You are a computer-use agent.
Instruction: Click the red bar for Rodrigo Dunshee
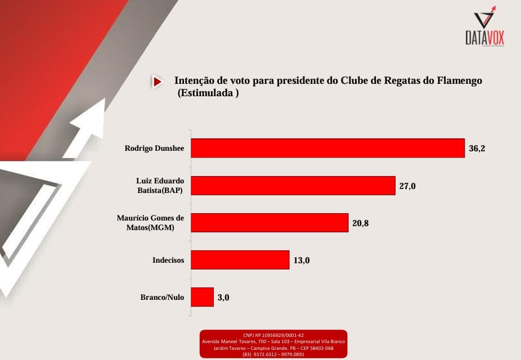(x=328, y=148)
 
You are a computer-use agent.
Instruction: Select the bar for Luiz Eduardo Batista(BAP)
(x=293, y=186)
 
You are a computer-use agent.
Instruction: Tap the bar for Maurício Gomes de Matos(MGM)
(x=270, y=223)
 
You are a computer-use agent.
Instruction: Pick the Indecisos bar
(x=240, y=260)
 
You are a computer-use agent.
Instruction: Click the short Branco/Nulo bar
(x=203, y=297)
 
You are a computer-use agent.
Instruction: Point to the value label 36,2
(x=477, y=148)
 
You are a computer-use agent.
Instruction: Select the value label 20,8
(x=360, y=223)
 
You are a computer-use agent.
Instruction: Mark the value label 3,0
(x=223, y=298)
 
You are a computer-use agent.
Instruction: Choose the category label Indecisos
(x=168, y=260)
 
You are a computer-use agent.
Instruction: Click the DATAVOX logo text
(x=484, y=38)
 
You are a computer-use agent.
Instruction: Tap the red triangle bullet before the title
(x=157, y=82)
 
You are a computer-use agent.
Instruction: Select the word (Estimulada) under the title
(x=208, y=93)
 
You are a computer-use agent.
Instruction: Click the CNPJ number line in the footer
(x=273, y=335)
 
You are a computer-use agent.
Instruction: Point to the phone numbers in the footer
(x=273, y=354)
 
